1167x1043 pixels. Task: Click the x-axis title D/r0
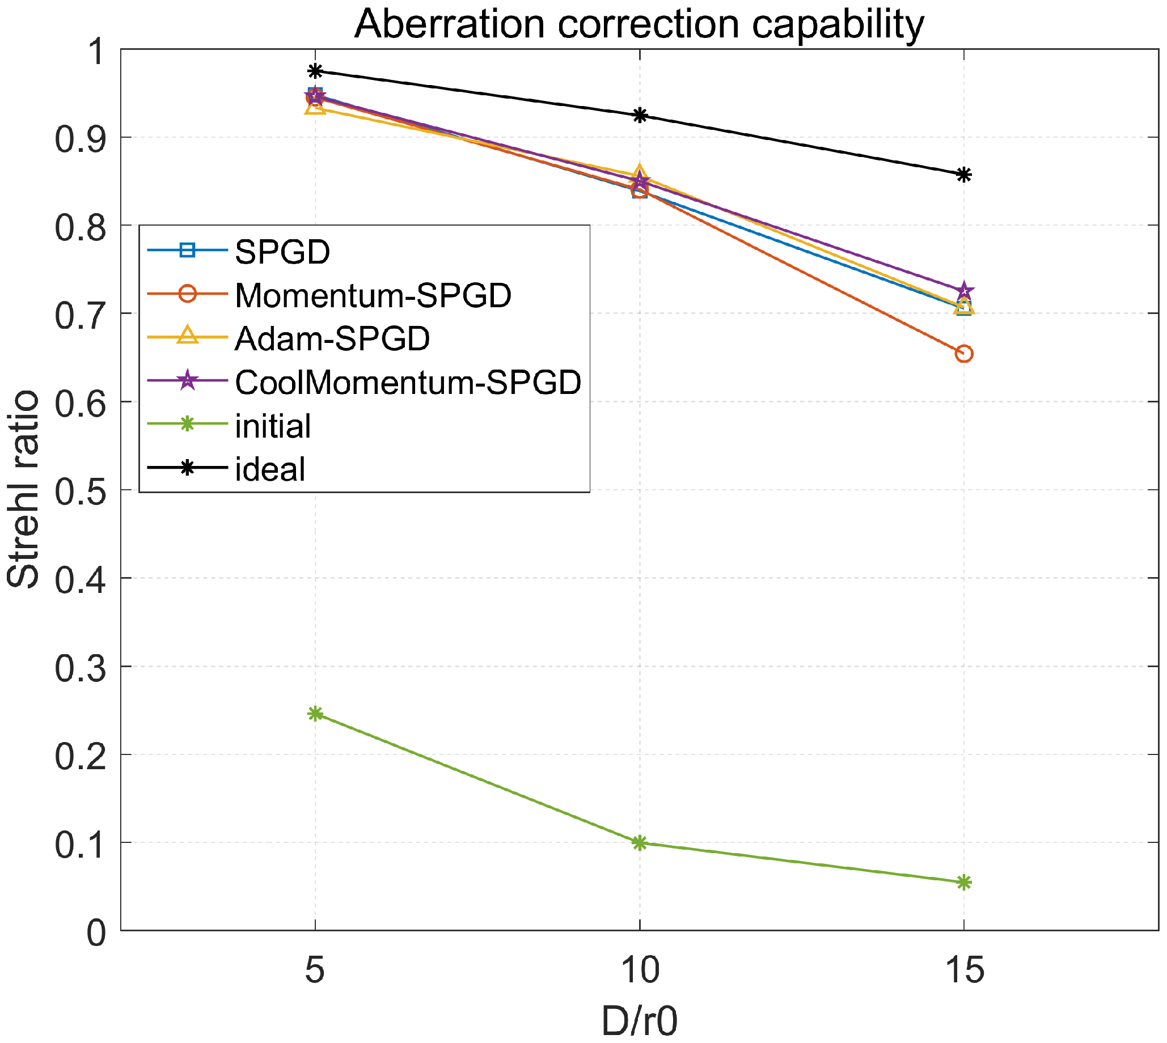tap(639, 1021)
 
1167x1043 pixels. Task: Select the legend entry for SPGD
tap(282, 252)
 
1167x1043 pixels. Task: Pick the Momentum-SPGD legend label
tap(373, 295)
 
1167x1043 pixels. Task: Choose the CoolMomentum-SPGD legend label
tap(408, 382)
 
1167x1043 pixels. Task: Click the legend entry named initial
tap(273, 426)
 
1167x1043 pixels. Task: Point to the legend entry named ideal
tap(270, 470)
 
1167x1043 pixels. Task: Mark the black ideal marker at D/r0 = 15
tap(964, 175)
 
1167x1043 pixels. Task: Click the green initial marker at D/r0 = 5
tap(315, 714)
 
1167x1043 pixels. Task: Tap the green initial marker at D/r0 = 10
tap(640, 843)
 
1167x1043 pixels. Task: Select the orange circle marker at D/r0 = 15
tap(964, 354)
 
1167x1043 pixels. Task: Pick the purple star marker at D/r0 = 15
tap(964, 291)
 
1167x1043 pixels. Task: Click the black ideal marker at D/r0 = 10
tap(640, 115)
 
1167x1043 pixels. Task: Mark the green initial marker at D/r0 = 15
tap(964, 883)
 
